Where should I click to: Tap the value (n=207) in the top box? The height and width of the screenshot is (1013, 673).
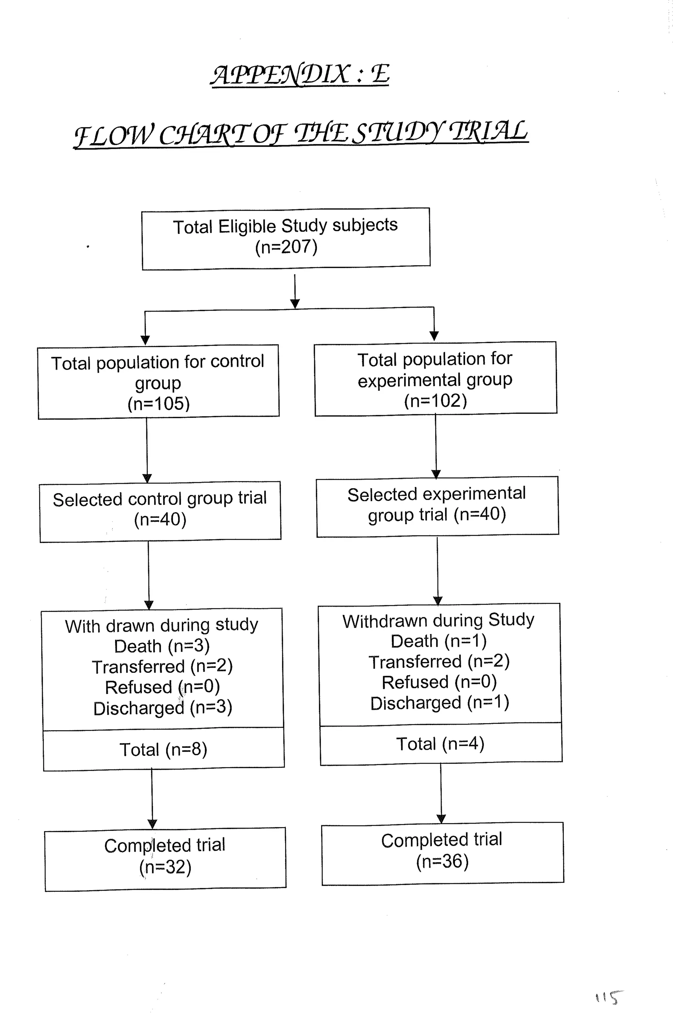(x=286, y=247)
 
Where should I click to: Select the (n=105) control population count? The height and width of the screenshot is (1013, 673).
(x=158, y=404)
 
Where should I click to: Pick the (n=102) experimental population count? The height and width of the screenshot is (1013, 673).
(x=435, y=400)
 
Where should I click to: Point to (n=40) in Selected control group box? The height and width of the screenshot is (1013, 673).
(x=160, y=519)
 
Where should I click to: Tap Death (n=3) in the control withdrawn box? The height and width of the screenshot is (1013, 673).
(x=162, y=646)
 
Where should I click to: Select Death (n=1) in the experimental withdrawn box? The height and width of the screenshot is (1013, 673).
(x=439, y=641)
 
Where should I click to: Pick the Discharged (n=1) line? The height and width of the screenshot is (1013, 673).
(x=439, y=703)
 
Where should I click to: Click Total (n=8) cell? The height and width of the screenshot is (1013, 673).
(x=163, y=749)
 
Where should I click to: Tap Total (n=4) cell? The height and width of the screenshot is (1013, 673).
(x=440, y=744)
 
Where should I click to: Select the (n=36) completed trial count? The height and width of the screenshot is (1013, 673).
(x=442, y=861)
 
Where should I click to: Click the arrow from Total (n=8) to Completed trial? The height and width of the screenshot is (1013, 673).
(x=152, y=798)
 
